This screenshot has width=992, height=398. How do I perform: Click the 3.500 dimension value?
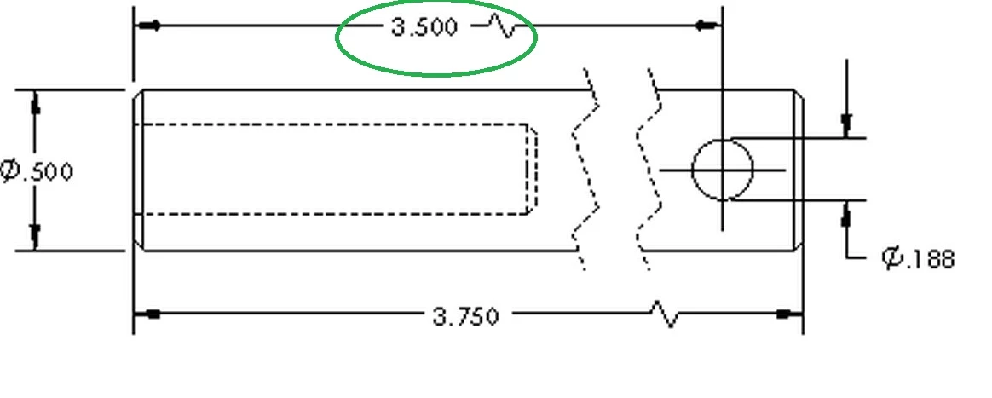point(424,27)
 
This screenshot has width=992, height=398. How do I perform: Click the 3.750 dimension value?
point(465,316)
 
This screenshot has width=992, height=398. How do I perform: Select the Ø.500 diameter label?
point(37,170)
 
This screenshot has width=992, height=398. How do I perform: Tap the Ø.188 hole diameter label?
point(917,258)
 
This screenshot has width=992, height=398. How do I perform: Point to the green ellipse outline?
point(435,75)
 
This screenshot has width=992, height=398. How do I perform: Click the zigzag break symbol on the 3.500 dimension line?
point(504,27)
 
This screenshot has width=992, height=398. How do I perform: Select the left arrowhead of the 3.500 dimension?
point(147,26)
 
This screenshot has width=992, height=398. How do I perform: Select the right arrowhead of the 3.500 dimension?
point(708,26)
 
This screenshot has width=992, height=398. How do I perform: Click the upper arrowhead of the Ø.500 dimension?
point(36,102)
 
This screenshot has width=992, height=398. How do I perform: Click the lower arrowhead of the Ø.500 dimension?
point(36,237)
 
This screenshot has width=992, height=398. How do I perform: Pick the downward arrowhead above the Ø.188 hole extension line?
point(847,125)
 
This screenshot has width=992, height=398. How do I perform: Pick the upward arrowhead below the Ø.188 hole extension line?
point(847,214)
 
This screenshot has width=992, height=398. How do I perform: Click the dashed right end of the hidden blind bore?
point(533,169)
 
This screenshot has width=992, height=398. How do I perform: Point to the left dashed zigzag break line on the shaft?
point(585,169)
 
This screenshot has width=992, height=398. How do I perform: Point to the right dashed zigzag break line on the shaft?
point(649,169)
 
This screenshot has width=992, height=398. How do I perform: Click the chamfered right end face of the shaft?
point(799,170)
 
